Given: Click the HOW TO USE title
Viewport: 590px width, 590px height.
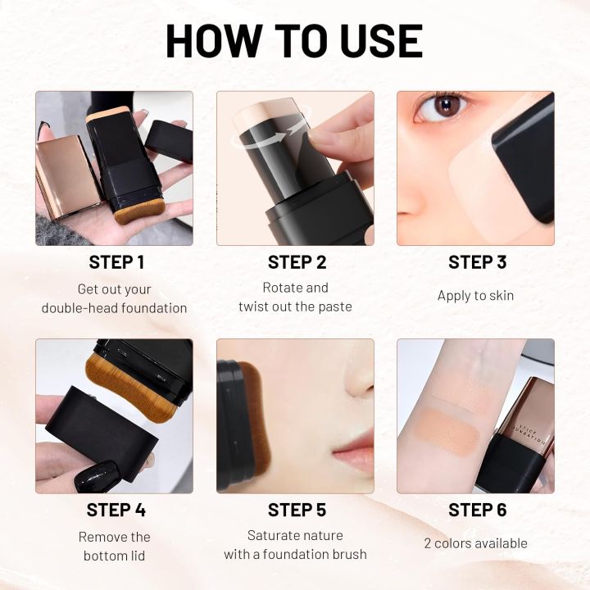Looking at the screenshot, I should pyautogui.click(x=294, y=41).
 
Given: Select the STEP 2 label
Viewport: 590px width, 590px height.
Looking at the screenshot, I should pyautogui.click(x=295, y=262).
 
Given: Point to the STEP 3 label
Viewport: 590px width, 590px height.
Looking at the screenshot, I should pyautogui.click(x=475, y=262).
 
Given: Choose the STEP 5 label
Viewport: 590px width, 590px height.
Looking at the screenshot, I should pyautogui.click(x=295, y=510).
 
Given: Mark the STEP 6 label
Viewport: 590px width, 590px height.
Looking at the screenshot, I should pyautogui.click(x=475, y=510).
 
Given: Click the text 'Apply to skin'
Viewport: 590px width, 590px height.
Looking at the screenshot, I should pyautogui.click(x=475, y=296).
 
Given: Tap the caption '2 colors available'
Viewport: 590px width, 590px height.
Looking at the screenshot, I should pyautogui.click(x=475, y=543).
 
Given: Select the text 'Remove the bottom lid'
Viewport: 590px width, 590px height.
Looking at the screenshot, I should pyautogui.click(x=115, y=547).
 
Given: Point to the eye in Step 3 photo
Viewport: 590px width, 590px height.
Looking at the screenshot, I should pyautogui.click(x=446, y=107).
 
